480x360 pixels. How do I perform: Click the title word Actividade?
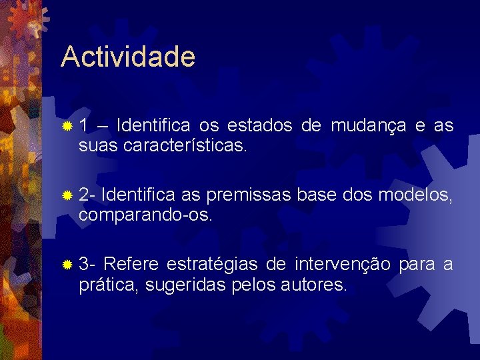128,57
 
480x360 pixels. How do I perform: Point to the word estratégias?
212,265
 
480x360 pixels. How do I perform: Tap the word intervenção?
342,265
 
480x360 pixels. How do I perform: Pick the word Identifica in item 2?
139,195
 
